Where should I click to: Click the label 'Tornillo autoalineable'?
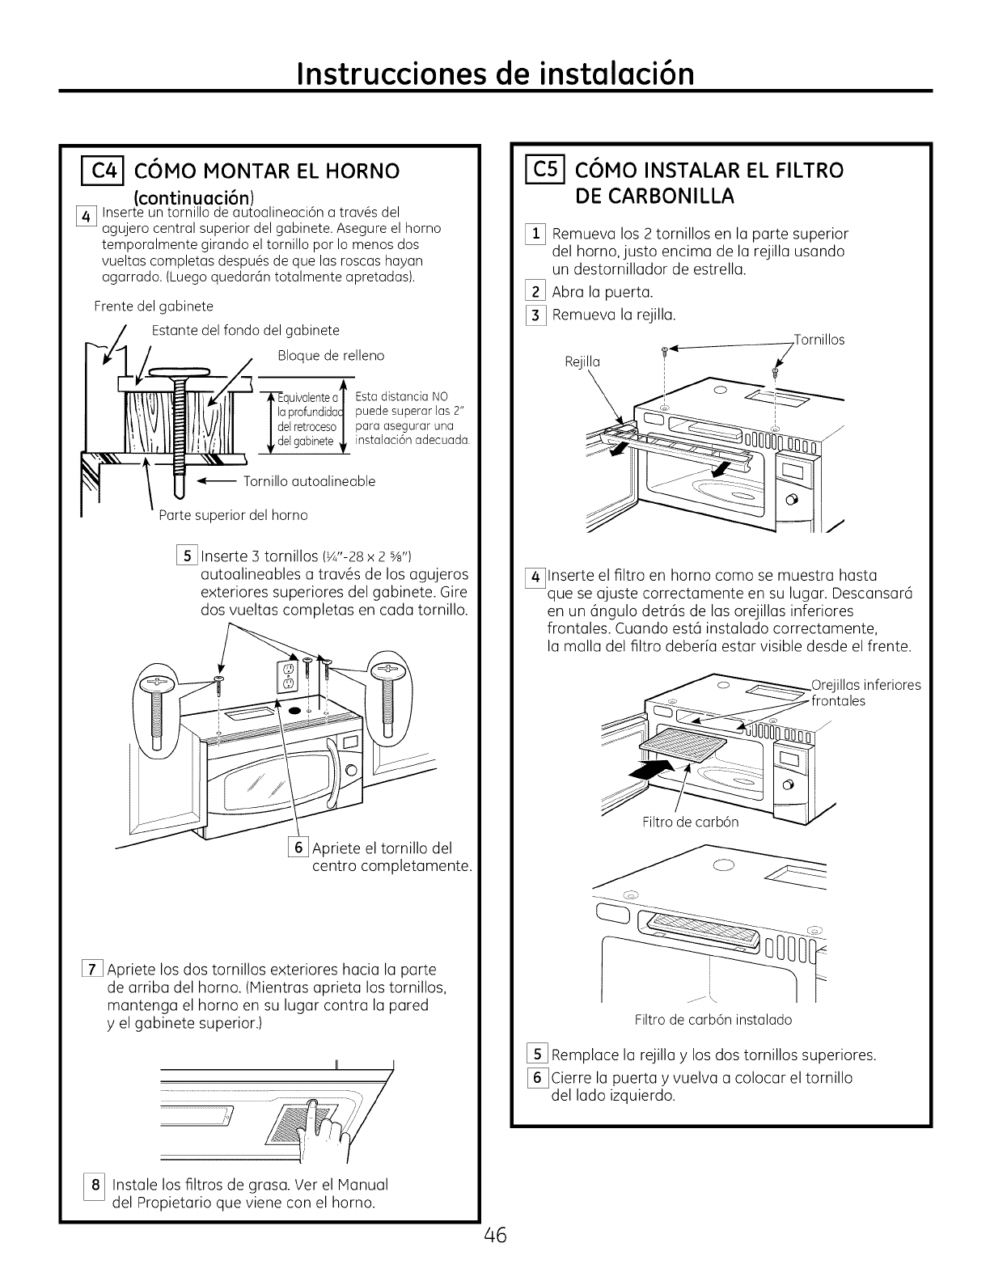coord(310,482)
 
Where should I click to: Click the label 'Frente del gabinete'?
coord(154,307)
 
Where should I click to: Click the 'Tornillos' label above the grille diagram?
coord(819,340)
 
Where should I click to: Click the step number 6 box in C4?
coord(296,848)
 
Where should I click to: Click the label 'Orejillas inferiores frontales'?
coord(864,693)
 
